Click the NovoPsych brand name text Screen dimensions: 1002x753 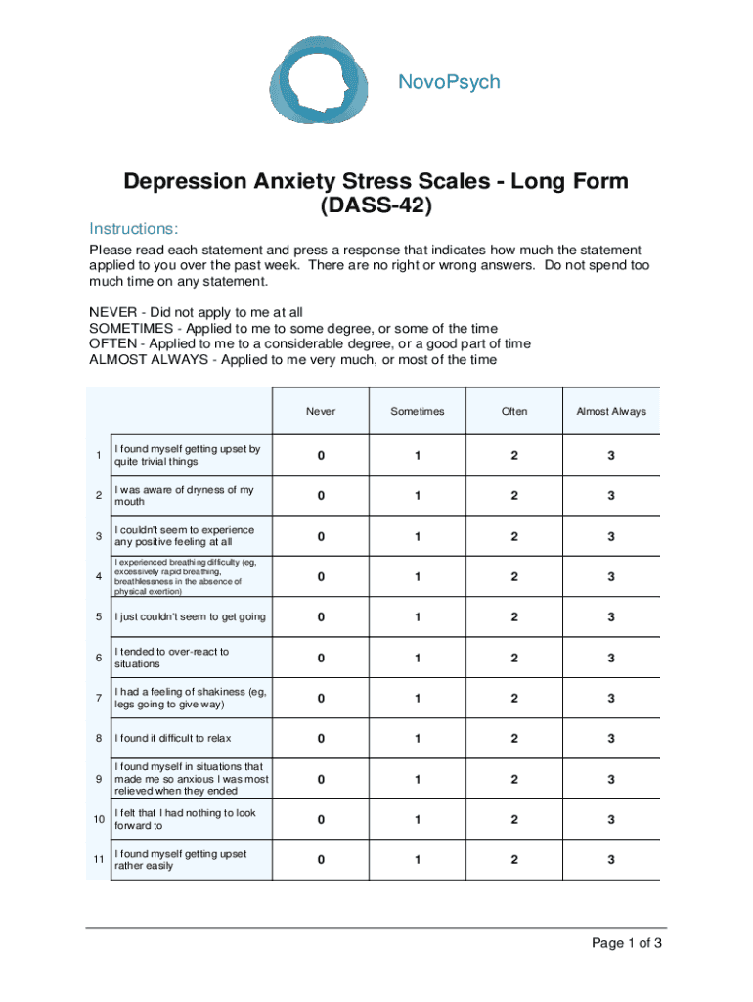(x=449, y=82)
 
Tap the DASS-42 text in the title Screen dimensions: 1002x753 (x=376, y=206)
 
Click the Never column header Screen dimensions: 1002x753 (x=320, y=412)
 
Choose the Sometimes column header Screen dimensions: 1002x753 (x=418, y=412)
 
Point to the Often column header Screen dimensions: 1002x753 (x=514, y=412)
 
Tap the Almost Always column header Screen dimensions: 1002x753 (x=611, y=412)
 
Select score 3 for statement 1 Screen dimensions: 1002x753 (x=611, y=456)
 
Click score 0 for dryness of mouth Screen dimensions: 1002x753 (x=320, y=496)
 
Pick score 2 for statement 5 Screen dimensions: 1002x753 (x=514, y=617)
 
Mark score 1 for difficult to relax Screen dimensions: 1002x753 (x=418, y=739)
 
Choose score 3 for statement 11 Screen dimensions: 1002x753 (x=611, y=860)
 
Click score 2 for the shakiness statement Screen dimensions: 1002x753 (x=514, y=699)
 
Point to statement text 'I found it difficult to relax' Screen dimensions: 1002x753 (x=173, y=739)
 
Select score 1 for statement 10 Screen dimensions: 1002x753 (x=418, y=819)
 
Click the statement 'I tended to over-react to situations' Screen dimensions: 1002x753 (x=171, y=658)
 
